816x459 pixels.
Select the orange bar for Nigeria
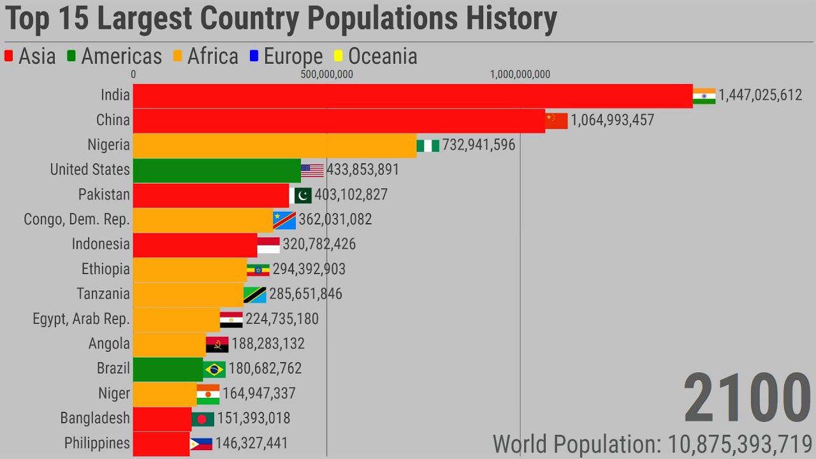(274, 145)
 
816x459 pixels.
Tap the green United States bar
(217, 170)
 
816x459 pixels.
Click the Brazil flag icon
(214, 369)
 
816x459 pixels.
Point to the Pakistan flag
(300, 195)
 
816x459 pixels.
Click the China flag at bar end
(556, 120)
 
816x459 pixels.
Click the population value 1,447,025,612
(760, 96)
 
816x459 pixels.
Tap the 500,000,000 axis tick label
(326, 75)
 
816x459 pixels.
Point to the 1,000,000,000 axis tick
(520, 75)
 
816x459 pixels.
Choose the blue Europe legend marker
(254, 56)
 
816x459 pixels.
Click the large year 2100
(747, 399)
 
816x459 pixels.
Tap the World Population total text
(652, 444)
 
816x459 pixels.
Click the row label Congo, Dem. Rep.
(76, 220)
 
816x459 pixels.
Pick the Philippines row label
(97, 444)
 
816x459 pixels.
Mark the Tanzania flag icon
(255, 295)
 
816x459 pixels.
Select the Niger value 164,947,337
(259, 394)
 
